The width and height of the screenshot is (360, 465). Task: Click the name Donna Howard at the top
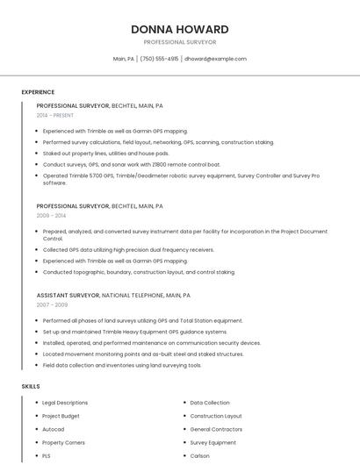pyautogui.click(x=180, y=29)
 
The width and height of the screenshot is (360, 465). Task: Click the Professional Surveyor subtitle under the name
pyautogui.click(x=180, y=42)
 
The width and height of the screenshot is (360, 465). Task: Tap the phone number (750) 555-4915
pyautogui.click(x=159, y=59)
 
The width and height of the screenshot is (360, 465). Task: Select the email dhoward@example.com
pyautogui.click(x=215, y=59)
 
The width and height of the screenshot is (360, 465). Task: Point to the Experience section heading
pyautogui.click(x=38, y=92)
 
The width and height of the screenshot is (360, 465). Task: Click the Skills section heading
pyautogui.click(x=31, y=386)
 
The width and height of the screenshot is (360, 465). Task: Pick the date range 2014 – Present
pyautogui.click(x=56, y=115)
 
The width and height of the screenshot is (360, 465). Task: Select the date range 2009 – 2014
pyautogui.click(x=51, y=215)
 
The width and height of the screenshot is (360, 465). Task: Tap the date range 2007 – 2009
pyautogui.click(x=52, y=304)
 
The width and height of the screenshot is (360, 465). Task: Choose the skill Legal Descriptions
pyautogui.click(x=65, y=403)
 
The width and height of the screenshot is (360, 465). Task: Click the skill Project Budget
pyautogui.click(x=61, y=416)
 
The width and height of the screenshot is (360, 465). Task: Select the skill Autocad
pyautogui.click(x=53, y=429)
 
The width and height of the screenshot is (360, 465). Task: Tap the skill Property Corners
pyautogui.click(x=63, y=443)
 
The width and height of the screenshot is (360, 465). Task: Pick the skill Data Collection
pyautogui.click(x=210, y=403)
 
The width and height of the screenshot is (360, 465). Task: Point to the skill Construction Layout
pyautogui.click(x=216, y=416)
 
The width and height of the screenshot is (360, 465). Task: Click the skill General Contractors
pyautogui.click(x=215, y=429)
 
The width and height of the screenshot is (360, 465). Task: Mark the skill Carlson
pyautogui.click(x=199, y=456)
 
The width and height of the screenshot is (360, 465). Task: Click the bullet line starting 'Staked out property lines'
pyautogui.click(x=105, y=153)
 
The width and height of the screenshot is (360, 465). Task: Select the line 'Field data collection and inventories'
pyautogui.click(x=121, y=365)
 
